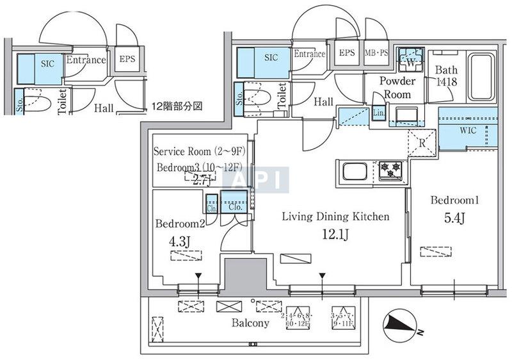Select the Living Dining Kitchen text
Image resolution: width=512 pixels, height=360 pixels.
pos(335,217)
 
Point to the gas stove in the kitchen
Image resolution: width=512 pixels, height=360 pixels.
pos(390,170)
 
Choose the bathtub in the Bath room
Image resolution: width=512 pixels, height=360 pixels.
pos(481,78)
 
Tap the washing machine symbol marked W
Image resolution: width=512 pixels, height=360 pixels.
pos(408,62)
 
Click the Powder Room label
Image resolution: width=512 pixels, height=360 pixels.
pos(397,88)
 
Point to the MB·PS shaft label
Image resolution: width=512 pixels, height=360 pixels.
pos(377,53)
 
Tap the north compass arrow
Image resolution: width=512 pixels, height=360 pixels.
pos(401,326)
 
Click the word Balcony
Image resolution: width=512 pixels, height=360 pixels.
pos(250,323)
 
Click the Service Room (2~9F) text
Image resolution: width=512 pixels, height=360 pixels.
pos(198,152)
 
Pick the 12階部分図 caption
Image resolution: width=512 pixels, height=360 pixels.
pos(177,106)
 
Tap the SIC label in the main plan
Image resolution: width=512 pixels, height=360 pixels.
pos(271,57)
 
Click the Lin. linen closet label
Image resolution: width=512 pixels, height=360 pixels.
pos(378,114)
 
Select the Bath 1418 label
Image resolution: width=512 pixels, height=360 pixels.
pos(445,76)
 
